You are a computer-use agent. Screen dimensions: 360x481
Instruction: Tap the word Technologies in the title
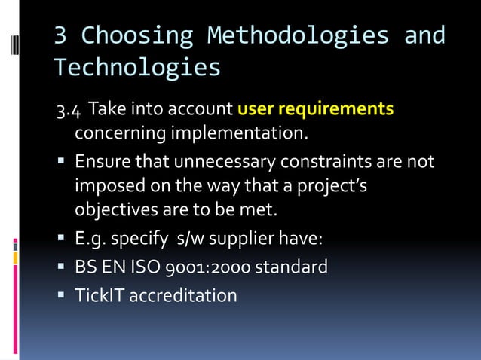(x=136, y=68)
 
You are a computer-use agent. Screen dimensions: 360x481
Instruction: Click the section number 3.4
(x=68, y=111)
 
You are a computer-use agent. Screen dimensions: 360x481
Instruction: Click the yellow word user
(x=255, y=110)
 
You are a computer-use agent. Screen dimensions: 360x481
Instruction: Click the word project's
(x=332, y=186)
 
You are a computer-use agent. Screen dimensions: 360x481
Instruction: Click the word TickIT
(x=99, y=294)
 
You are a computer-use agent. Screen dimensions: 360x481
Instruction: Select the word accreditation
(x=183, y=294)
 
